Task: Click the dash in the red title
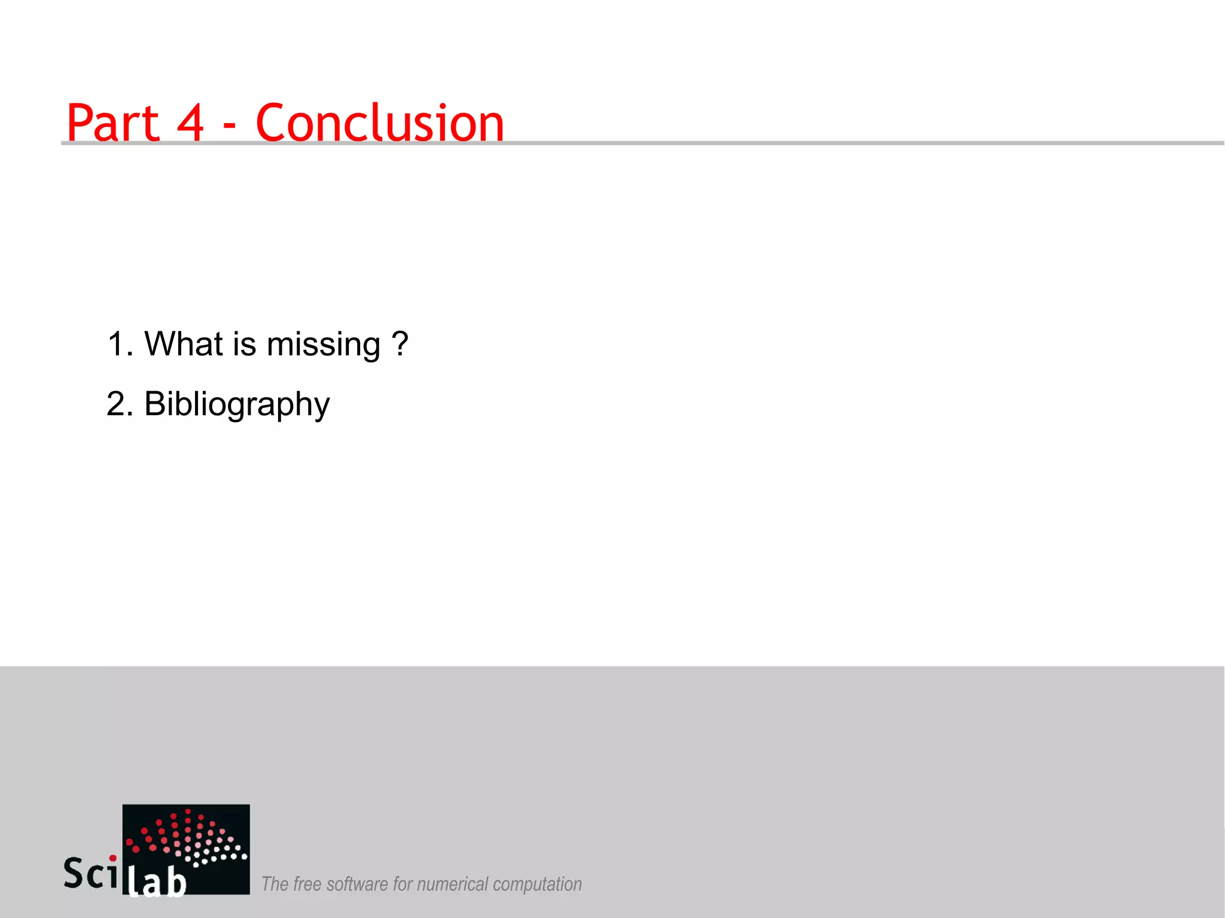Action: click(x=229, y=127)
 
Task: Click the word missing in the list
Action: click(x=323, y=345)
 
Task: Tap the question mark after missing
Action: click(x=400, y=344)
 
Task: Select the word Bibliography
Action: click(x=237, y=404)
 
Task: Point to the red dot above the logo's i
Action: click(x=112, y=858)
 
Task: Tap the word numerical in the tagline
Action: click(x=453, y=884)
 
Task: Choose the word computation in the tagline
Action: click(x=537, y=884)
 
